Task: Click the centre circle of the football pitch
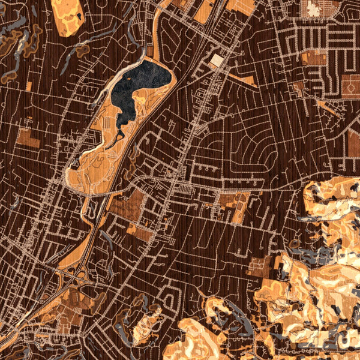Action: (x=350, y=86)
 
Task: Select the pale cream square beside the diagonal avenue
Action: (x=217, y=60)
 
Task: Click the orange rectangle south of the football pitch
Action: (x=354, y=141)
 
